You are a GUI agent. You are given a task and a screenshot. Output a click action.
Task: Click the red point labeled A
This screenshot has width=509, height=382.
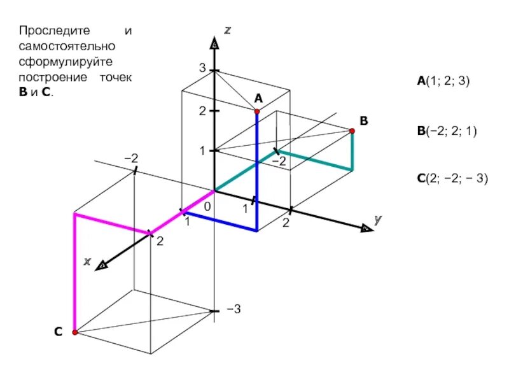[x=257, y=111]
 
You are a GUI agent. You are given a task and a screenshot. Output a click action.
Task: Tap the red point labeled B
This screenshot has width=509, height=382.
[x=352, y=131]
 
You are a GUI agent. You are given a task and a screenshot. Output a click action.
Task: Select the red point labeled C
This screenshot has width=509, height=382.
[x=74, y=332]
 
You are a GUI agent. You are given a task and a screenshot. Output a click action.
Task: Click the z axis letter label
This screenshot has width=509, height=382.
[x=227, y=29]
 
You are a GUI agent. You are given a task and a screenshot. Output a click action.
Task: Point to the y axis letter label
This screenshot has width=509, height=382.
[x=378, y=219]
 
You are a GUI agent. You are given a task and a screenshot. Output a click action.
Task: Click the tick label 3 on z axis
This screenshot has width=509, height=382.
[x=202, y=69]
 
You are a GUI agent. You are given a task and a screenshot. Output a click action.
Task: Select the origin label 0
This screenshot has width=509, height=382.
[x=207, y=207]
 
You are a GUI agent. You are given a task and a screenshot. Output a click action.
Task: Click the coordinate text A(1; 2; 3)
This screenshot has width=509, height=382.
[x=443, y=81]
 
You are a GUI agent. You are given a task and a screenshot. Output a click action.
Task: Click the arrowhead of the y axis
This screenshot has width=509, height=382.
[x=365, y=228]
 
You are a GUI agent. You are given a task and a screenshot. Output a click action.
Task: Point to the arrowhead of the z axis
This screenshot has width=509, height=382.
[x=214, y=43]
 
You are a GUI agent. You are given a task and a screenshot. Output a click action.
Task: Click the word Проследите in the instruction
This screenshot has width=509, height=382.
[x=46, y=31]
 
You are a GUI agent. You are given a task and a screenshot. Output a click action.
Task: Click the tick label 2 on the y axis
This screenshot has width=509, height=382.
[x=286, y=223]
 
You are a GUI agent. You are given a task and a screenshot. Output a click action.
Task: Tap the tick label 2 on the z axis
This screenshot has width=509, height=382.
[x=202, y=111]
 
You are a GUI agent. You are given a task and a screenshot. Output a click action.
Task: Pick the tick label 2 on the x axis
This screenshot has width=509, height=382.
[x=160, y=241]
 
